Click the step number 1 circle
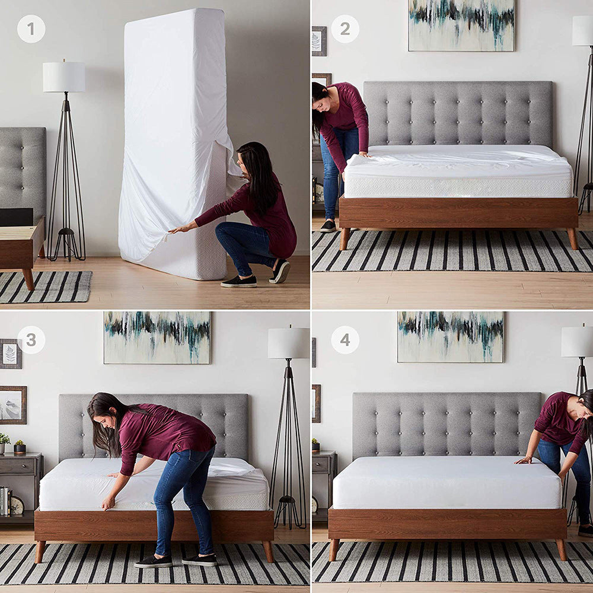click(x=31, y=28)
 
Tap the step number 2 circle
click(x=345, y=28)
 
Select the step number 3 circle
click(x=31, y=340)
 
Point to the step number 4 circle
click(x=345, y=340)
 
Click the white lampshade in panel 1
click(x=63, y=77)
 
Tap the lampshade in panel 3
click(x=288, y=343)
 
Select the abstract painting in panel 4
click(x=450, y=336)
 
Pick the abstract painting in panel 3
click(x=157, y=337)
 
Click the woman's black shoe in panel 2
click(x=329, y=227)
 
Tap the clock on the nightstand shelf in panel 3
click(x=17, y=505)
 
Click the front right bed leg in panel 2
click(x=572, y=238)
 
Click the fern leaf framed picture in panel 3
click(x=11, y=354)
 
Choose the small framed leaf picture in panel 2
click(x=319, y=41)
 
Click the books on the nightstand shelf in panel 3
click(x=5, y=501)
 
